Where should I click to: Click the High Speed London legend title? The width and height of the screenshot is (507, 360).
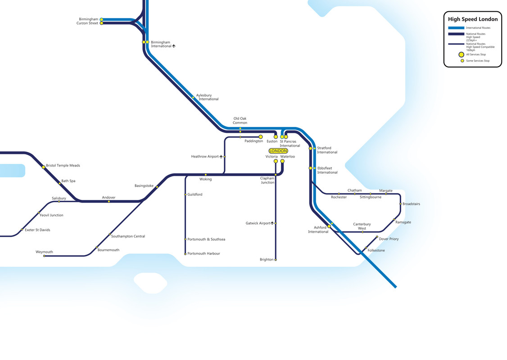[473, 19]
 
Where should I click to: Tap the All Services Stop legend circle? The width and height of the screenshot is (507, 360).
[462, 54]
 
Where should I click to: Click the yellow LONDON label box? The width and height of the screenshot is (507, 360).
[278, 151]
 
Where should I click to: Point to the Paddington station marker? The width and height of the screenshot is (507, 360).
[261, 137]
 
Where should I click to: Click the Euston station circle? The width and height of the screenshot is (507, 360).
[276, 137]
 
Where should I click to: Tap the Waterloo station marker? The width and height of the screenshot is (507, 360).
[282, 161]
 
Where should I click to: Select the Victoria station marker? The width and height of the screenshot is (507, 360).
[276, 161]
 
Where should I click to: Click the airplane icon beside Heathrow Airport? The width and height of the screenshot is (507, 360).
[221, 157]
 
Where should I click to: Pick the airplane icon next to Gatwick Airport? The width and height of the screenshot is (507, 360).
[272, 223]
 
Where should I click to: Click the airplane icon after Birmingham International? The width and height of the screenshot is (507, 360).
[174, 46]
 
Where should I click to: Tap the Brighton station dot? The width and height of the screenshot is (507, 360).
[276, 260]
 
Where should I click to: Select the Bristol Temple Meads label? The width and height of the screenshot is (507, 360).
[63, 166]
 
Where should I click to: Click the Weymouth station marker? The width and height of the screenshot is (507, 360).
[44, 256]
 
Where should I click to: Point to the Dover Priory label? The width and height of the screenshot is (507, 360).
[389, 239]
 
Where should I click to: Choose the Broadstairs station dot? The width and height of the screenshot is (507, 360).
[400, 204]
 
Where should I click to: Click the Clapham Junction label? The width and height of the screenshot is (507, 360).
[267, 180]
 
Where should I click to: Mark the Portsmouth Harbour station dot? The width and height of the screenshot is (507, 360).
[185, 254]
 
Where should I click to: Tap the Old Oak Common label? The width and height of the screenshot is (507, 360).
[240, 121]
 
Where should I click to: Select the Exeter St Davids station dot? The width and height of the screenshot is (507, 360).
[22, 230]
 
